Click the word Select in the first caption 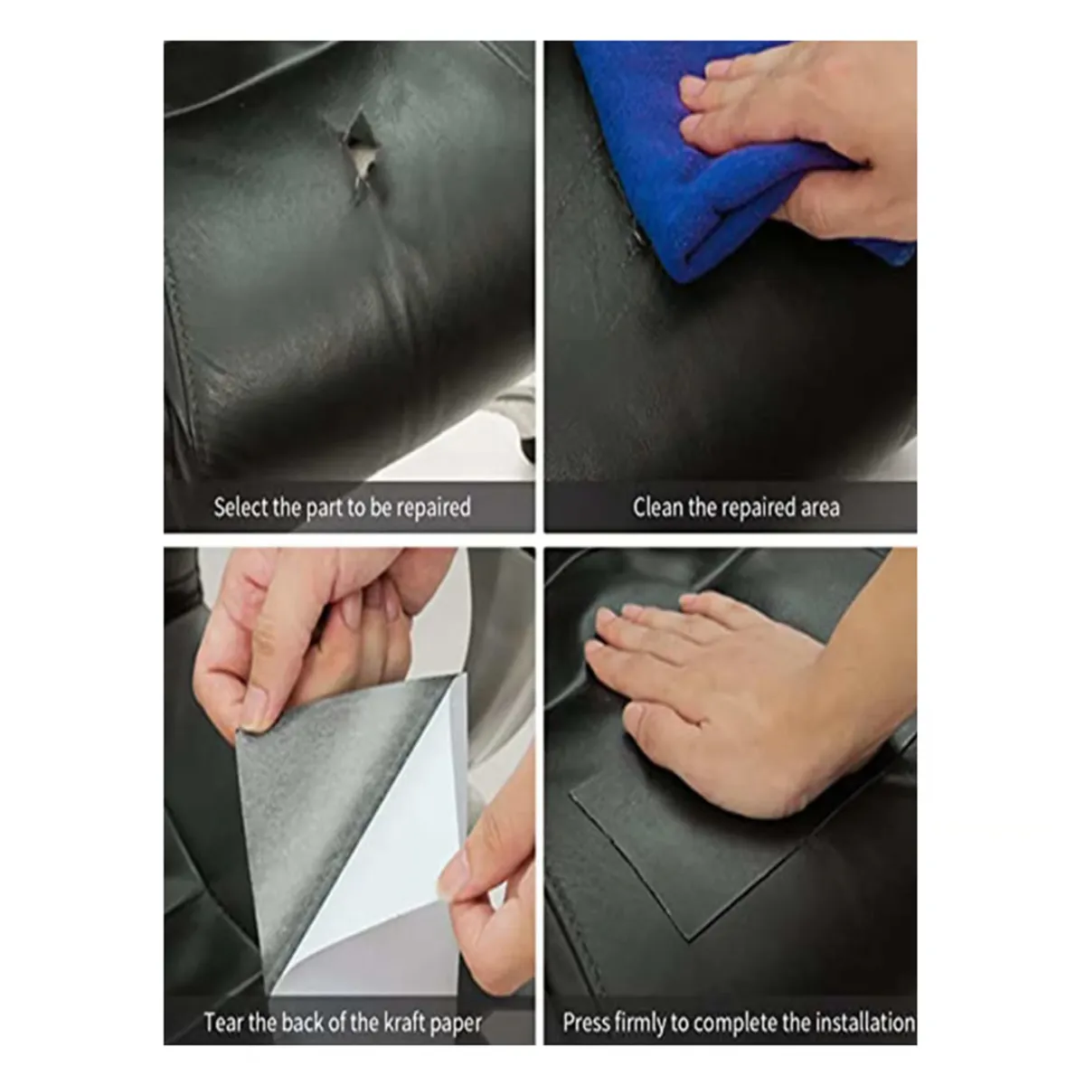coord(241,507)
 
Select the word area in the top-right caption coord(817,507)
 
